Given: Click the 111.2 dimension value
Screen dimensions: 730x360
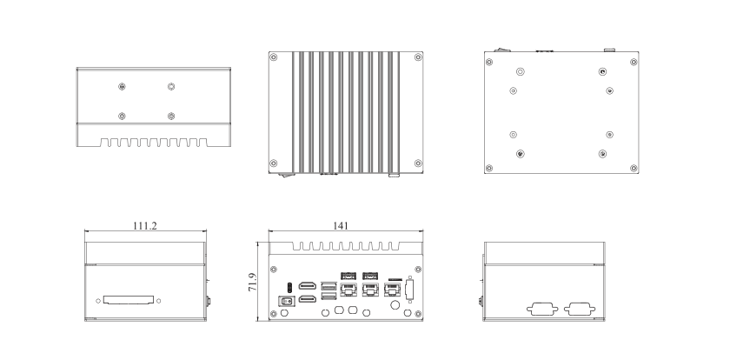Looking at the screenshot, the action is [x=145, y=226].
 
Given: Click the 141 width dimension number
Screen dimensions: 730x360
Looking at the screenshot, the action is [x=341, y=226].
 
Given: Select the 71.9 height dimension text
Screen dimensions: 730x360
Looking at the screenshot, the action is [x=252, y=283].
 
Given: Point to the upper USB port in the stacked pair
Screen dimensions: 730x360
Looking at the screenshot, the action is [x=328, y=285].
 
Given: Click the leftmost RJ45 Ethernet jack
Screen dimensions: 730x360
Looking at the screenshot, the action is [x=348, y=290].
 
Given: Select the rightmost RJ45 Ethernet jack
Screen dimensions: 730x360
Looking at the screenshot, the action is [x=392, y=290].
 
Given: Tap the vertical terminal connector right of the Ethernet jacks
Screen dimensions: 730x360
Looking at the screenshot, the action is [x=409, y=290].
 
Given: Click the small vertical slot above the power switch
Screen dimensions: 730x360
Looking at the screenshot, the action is [x=289, y=285].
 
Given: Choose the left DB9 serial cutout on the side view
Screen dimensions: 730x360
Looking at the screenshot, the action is [x=542, y=309].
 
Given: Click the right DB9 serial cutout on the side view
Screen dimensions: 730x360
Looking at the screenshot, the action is [x=580, y=309].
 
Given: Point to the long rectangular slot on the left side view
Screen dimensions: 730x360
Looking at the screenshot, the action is [x=129, y=300].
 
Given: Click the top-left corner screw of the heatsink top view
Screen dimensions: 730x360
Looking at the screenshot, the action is [x=274, y=57].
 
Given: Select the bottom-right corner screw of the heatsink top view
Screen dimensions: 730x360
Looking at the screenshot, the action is [x=418, y=163].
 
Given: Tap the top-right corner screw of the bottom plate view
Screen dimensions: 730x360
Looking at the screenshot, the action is [x=634, y=62].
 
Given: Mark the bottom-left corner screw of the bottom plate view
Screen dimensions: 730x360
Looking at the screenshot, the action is [x=488, y=168].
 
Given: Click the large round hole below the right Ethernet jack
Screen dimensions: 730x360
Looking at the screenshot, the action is [x=395, y=305].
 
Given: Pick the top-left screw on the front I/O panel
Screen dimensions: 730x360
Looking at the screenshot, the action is [x=274, y=270].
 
